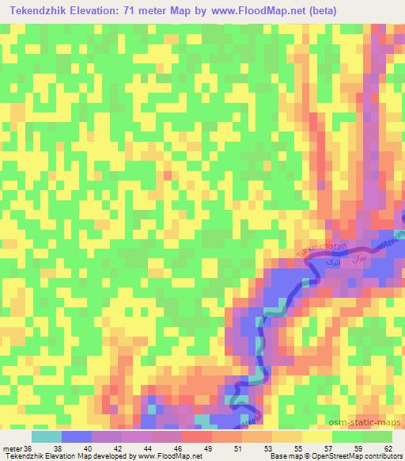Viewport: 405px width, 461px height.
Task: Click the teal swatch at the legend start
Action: click(x=47, y=436)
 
